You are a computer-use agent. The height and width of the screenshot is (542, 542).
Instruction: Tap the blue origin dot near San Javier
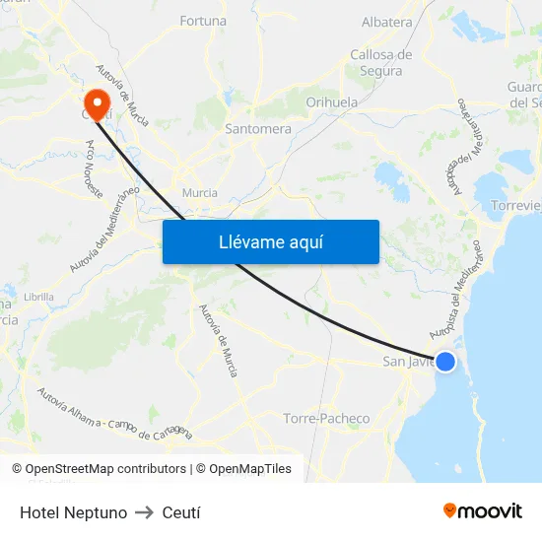pyautogui.click(x=445, y=362)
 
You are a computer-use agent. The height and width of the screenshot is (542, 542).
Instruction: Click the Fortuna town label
pyautogui.click(x=203, y=21)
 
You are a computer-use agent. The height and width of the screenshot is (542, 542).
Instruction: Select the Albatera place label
pyautogui.click(x=387, y=22)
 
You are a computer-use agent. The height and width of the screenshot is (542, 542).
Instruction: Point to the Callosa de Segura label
pyautogui.click(x=381, y=63)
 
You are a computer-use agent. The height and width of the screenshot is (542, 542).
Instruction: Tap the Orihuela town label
pyautogui.click(x=332, y=102)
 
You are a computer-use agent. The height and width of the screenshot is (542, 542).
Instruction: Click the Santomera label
pyautogui.click(x=258, y=128)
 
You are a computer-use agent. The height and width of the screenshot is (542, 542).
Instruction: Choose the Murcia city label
pyautogui.click(x=200, y=193)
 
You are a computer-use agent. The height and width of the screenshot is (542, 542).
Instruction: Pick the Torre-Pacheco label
pyautogui.click(x=326, y=419)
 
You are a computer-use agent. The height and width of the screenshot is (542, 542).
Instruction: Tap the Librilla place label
pyautogui.click(x=38, y=296)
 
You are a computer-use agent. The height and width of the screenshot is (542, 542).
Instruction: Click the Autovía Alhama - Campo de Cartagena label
pyautogui.click(x=114, y=414)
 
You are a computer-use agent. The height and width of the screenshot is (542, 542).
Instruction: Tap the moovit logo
pyautogui.click(x=483, y=511)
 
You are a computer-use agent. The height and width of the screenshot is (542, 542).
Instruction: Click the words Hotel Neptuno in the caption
pyautogui.click(x=73, y=512)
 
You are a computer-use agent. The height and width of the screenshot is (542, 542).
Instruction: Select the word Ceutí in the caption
pyautogui.click(x=181, y=512)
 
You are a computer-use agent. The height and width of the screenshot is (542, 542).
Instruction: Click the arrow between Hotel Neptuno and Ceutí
pyautogui.click(x=144, y=512)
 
